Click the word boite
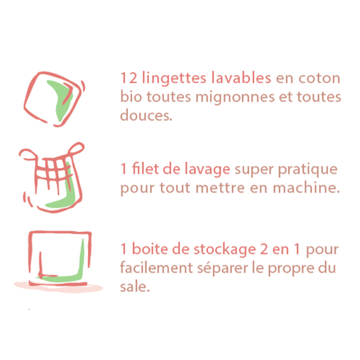(147, 249)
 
